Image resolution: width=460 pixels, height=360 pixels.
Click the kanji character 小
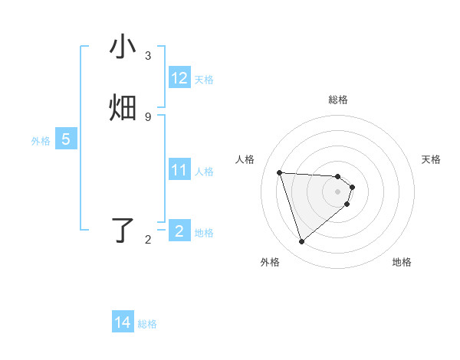(123, 48)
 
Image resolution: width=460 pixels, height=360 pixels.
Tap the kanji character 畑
(123, 108)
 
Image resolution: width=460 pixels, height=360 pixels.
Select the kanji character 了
(123, 231)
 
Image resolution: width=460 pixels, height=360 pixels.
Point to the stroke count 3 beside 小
(148, 56)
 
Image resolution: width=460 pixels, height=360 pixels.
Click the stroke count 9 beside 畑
(148, 116)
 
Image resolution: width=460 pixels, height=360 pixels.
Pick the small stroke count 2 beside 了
(148, 240)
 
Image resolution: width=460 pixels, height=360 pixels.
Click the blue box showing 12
(179, 78)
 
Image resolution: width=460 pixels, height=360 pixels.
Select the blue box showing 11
(179, 170)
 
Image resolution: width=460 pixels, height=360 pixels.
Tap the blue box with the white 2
(179, 231)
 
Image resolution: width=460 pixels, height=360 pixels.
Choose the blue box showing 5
(66, 139)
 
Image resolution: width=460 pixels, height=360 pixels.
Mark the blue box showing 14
(123, 322)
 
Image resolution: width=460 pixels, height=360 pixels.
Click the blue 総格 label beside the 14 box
(147, 324)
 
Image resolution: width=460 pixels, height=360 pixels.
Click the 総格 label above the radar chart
(337, 100)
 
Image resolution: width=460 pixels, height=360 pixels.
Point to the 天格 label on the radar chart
(432, 159)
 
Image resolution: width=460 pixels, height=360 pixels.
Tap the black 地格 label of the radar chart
(402, 263)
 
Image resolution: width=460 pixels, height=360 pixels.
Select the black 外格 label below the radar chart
(270, 263)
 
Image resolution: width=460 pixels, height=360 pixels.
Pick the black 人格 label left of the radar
(245, 159)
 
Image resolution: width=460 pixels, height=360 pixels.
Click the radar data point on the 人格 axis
(280, 172)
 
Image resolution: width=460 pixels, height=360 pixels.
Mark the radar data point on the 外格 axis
(301, 242)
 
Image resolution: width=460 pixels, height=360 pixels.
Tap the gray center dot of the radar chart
(337, 192)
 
